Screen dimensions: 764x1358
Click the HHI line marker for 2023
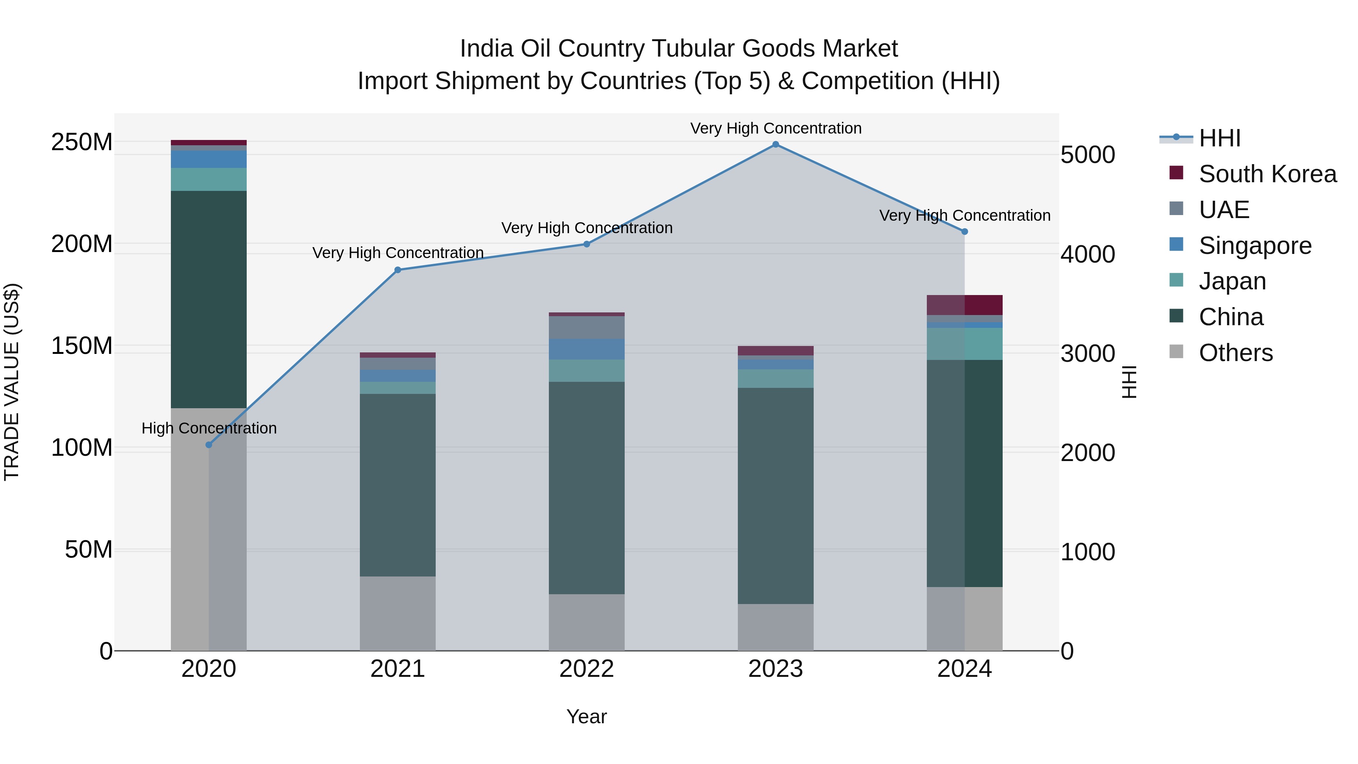point(776,144)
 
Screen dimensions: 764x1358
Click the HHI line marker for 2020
point(209,445)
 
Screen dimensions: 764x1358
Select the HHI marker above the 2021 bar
point(398,270)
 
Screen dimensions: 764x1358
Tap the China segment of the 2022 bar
point(587,488)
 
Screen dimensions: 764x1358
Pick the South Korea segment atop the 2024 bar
point(965,305)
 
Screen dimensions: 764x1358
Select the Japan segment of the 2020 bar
point(209,179)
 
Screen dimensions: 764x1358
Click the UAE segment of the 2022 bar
point(587,327)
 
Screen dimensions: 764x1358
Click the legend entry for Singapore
point(1255,246)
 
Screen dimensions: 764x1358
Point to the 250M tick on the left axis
point(82,142)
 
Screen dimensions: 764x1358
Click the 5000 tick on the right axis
point(1088,155)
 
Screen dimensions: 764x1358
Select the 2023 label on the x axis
point(776,669)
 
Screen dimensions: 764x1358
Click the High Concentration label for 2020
point(209,428)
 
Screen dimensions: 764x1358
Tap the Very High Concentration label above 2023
point(776,128)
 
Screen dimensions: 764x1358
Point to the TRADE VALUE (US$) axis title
point(12,382)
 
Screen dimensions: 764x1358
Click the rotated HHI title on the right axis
point(1128,382)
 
